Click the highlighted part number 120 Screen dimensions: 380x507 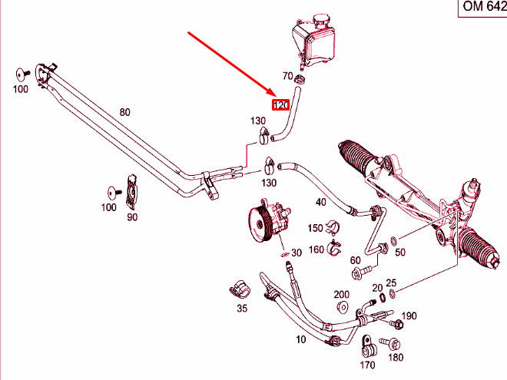pos(280,104)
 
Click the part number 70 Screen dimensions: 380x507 pos(287,76)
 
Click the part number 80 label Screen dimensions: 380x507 pos(124,112)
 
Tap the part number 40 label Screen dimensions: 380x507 pos(321,203)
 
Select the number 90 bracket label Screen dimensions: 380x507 pos(132,218)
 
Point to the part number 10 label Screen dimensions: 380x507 pos(300,338)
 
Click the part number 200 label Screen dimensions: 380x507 pos(342,295)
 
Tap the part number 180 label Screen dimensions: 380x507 pos(396,357)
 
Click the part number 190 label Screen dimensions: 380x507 pos(409,316)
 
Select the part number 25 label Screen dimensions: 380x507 pos(390,283)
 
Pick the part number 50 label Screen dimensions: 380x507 pos(399,253)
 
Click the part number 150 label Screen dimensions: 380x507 pos(316,228)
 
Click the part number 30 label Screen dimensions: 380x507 pos(296,254)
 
